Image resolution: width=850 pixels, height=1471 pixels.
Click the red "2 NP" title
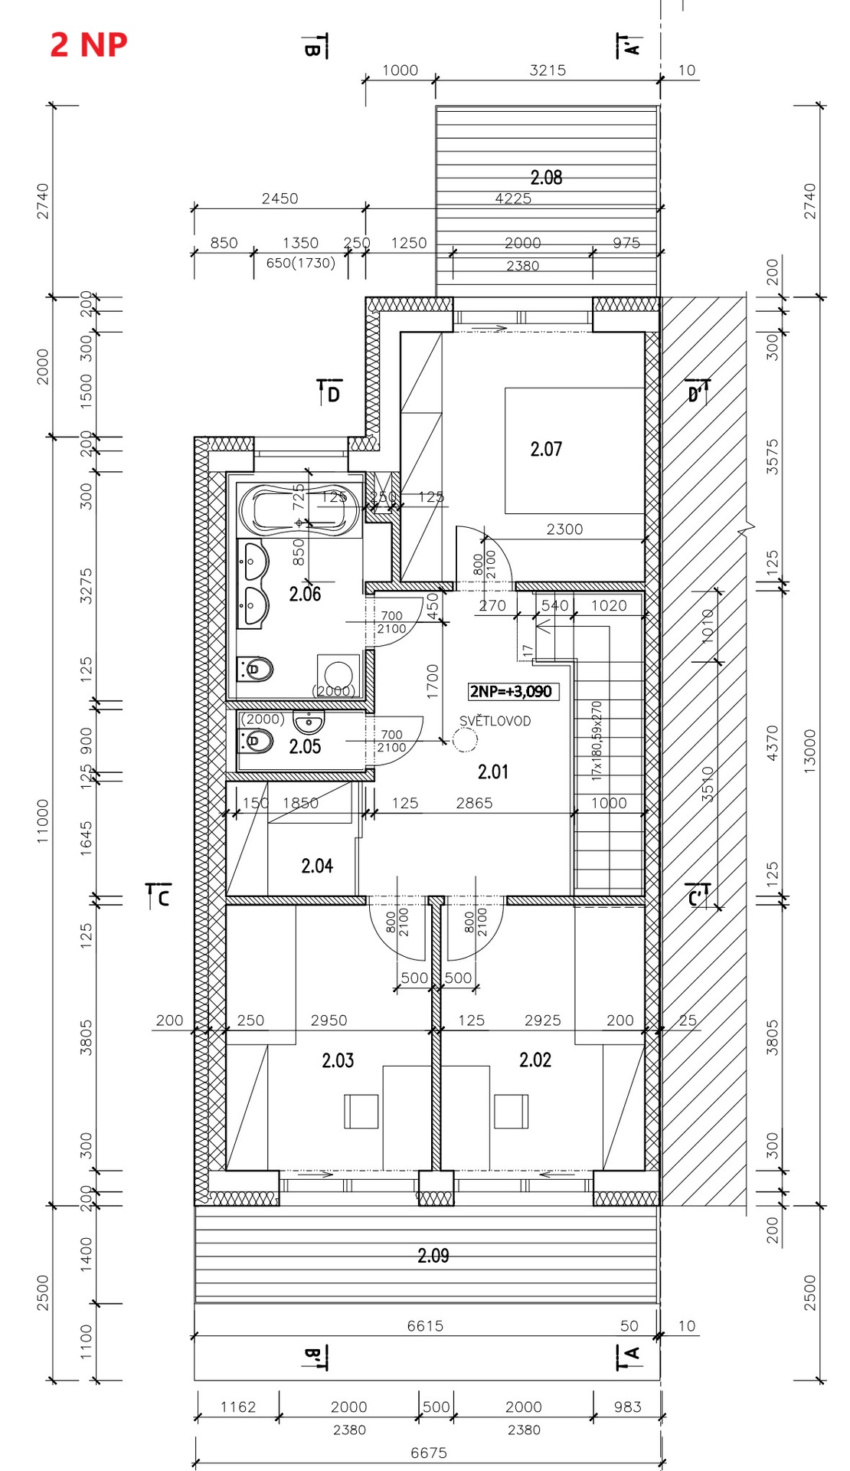pyautogui.click(x=88, y=44)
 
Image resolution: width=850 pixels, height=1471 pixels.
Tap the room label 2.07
pyautogui.click(x=546, y=449)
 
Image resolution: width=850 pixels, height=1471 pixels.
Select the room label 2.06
pyautogui.click(x=305, y=594)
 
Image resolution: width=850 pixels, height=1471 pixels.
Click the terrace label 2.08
pyautogui.click(x=546, y=178)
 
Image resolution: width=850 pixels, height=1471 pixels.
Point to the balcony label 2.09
pyautogui.click(x=433, y=1256)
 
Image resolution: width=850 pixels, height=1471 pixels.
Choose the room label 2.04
pyautogui.click(x=317, y=867)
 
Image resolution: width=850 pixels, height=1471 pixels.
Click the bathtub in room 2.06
pyautogui.click(x=299, y=509)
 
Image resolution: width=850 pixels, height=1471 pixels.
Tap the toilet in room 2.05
pyautogui.click(x=257, y=741)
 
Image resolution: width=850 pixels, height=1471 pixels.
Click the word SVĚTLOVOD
pyautogui.click(x=495, y=721)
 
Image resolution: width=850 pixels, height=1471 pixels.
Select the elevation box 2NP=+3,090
pyautogui.click(x=511, y=692)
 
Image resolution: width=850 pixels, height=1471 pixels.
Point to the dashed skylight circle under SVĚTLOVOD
pyautogui.click(x=465, y=740)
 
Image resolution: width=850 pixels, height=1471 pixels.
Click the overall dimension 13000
pyautogui.click(x=810, y=751)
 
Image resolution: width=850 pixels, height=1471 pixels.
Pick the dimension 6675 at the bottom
pyautogui.click(x=429, y=1453)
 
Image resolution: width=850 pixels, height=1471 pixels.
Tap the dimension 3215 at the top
pyautogui.click(x=548, y=70)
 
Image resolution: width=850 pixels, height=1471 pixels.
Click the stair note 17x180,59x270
pyautogui.click(x=597, y=740)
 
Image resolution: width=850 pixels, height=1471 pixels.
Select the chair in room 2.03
pyautogui.click(x=361, y=1111)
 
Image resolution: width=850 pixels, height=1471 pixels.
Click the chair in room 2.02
pyautogui.click(x=511, y=1111)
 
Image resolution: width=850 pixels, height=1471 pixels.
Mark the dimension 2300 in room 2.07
pyautogui.click(x=564, y=529)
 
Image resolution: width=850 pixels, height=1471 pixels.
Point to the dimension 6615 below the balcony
pyautogui.click(x=425, y=1325)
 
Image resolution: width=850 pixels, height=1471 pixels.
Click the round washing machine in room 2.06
pyautogui.click(x=338, y=675)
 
